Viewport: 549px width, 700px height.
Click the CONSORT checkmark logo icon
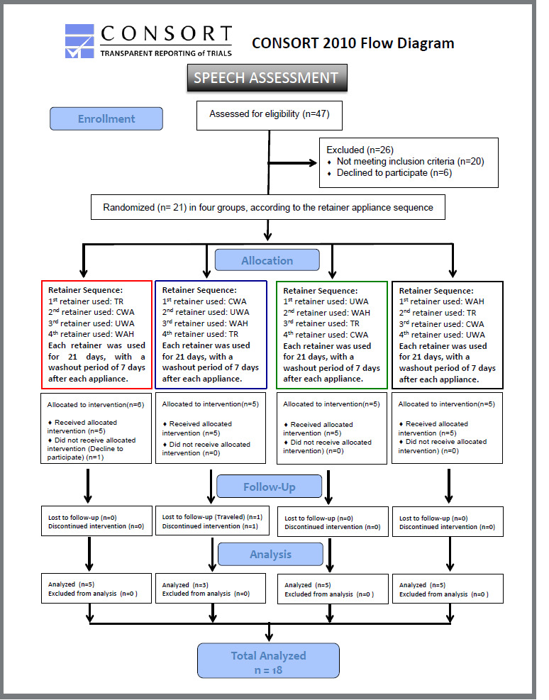coord(81,42)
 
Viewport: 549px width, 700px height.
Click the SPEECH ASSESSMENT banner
coord(267,78)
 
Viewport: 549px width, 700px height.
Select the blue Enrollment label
coord(106,118)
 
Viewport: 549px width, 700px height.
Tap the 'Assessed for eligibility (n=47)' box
coord(270,114)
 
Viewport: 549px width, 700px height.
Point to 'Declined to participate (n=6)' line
coord(394,172)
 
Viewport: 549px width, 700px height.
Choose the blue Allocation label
coord(267,260)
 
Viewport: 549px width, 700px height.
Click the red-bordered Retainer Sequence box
coord(96,334)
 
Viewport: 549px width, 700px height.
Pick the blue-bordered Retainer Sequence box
coord(211,334)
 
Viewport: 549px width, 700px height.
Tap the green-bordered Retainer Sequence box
coord(331,334)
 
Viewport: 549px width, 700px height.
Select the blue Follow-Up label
coord(269,487)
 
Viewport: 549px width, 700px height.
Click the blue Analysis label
coord(270,554)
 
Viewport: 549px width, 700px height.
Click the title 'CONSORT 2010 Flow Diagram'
coord(353,43)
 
